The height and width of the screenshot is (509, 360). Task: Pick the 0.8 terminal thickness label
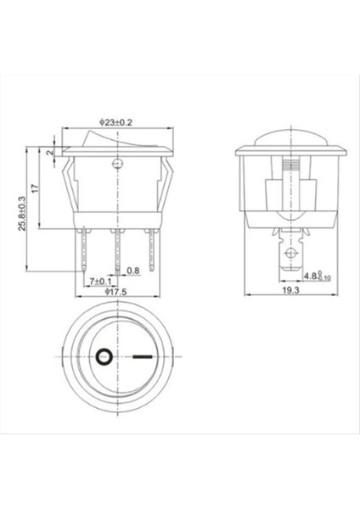132,271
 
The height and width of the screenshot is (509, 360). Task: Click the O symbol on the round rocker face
105,357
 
